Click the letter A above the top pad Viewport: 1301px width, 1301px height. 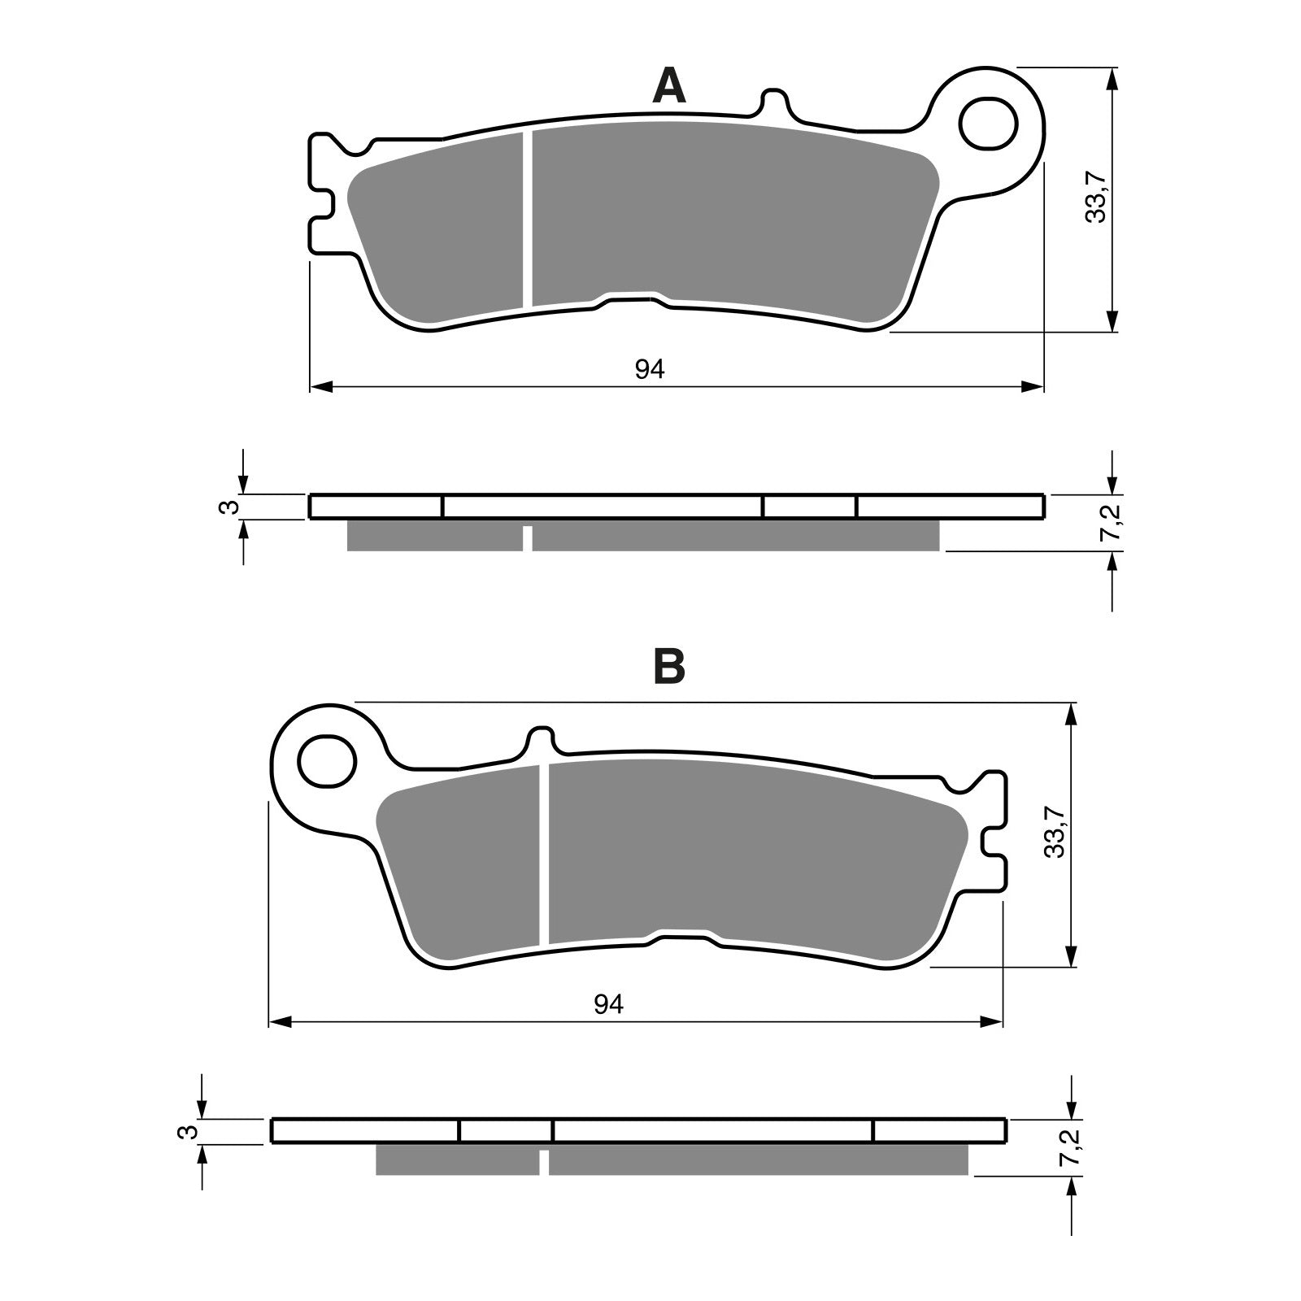[668, 87]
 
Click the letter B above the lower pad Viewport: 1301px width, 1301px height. [669, 668]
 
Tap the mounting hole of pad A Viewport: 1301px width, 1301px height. [988, 124]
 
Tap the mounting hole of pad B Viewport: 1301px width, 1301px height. [327, 761]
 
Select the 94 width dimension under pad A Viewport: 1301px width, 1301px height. [650, 370]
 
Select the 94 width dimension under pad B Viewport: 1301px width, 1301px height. [608, 1005]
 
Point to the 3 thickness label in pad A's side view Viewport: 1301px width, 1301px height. [233, 506]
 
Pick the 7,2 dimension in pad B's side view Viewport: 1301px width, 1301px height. [1073, 1147]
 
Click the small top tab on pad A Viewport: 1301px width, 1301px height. [775, 102]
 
